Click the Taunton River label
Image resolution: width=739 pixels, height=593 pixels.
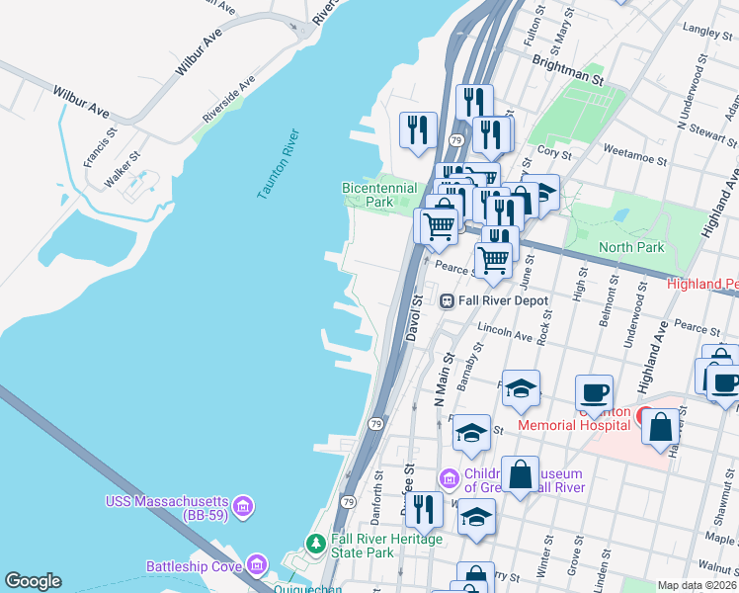pyautogui.click(x=278, y=164)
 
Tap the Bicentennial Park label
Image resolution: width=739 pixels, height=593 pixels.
pyautogui.click(x=367, y=194)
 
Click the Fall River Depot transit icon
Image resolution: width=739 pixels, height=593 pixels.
pyautogui.click(x=447, y=299)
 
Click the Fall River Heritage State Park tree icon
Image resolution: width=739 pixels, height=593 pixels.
pyautogui.click(x=315, y=545)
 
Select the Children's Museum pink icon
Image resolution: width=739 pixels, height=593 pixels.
pyautogui.click(x=450, y=479)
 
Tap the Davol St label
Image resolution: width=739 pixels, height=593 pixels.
pyautogui.click(x=416, y=318)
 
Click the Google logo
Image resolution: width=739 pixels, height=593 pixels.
pyautogui.click(x=33, y=581)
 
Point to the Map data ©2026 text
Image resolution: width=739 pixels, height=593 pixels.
pyautogui.click(x=696, y=585)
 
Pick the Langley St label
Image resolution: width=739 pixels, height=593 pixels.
pyautogui.click(x=704, y=32)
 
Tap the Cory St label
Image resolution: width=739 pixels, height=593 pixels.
pyautogui.click(x=554, y=153)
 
